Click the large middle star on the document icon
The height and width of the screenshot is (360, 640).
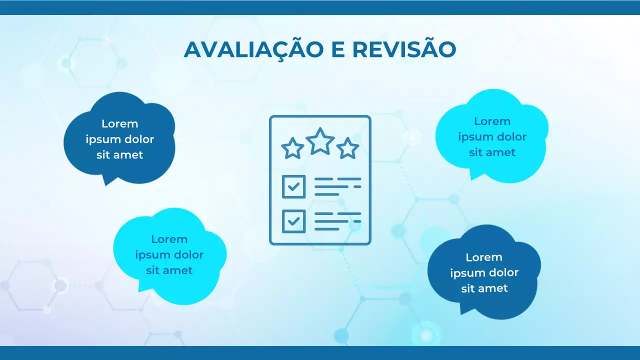pyautogui.click(x=320, y=141)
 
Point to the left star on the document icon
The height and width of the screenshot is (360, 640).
pyautogui.click(x=292, y=148)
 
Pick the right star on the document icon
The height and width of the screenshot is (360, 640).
pyautogui.click(x=347, y=148)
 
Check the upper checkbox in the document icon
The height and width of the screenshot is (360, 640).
pyautogui.click(x=294, y=186)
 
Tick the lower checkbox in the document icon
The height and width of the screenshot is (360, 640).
pyautogui.click(x=294, y=221)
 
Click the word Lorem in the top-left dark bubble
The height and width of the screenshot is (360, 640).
pyautogui.click(x=120, y=124)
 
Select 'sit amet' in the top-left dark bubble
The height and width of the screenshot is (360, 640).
pyautogui.click(x=120, y=155)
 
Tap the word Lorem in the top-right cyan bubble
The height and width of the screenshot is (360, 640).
pyautogui.click(x=492, y=121)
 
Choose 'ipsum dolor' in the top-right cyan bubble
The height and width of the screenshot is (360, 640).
pyautogui.click(x=492, y=137)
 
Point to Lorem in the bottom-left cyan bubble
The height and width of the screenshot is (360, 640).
pyautogui.click(x=169, y=239)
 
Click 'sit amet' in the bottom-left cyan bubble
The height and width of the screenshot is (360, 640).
pyautogui.click(x=169, y=270)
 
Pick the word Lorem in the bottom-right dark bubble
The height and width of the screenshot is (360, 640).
pyautogui.click(x=484, y=257)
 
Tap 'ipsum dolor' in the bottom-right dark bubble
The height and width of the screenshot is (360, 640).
pyautogui.click(x=484, y=273)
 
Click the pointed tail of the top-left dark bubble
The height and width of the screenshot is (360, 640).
pyautogui.click(x=106, y=181)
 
